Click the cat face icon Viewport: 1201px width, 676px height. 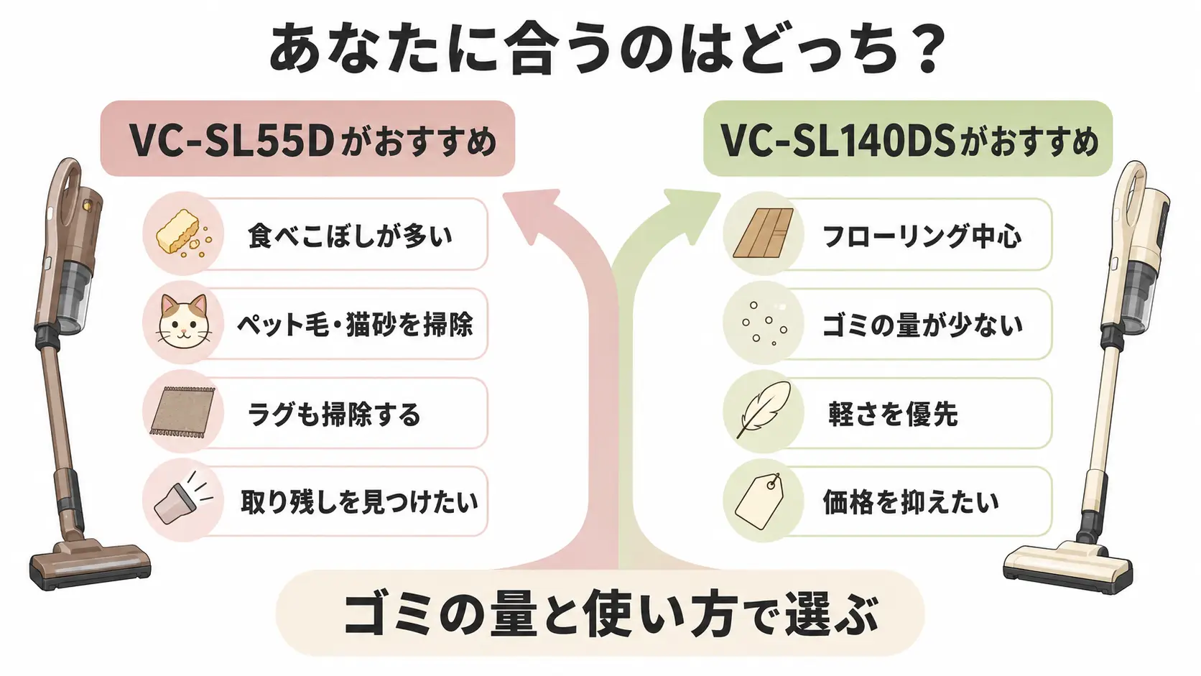(183, 322)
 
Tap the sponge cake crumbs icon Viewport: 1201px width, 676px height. (183, 233)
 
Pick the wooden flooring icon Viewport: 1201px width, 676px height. (763, 233)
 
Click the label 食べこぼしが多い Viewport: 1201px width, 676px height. (350, 235)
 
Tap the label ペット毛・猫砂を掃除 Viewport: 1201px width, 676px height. (355, 324)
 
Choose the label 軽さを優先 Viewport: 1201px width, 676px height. (894, 413)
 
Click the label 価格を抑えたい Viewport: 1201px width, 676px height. (911, 501)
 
